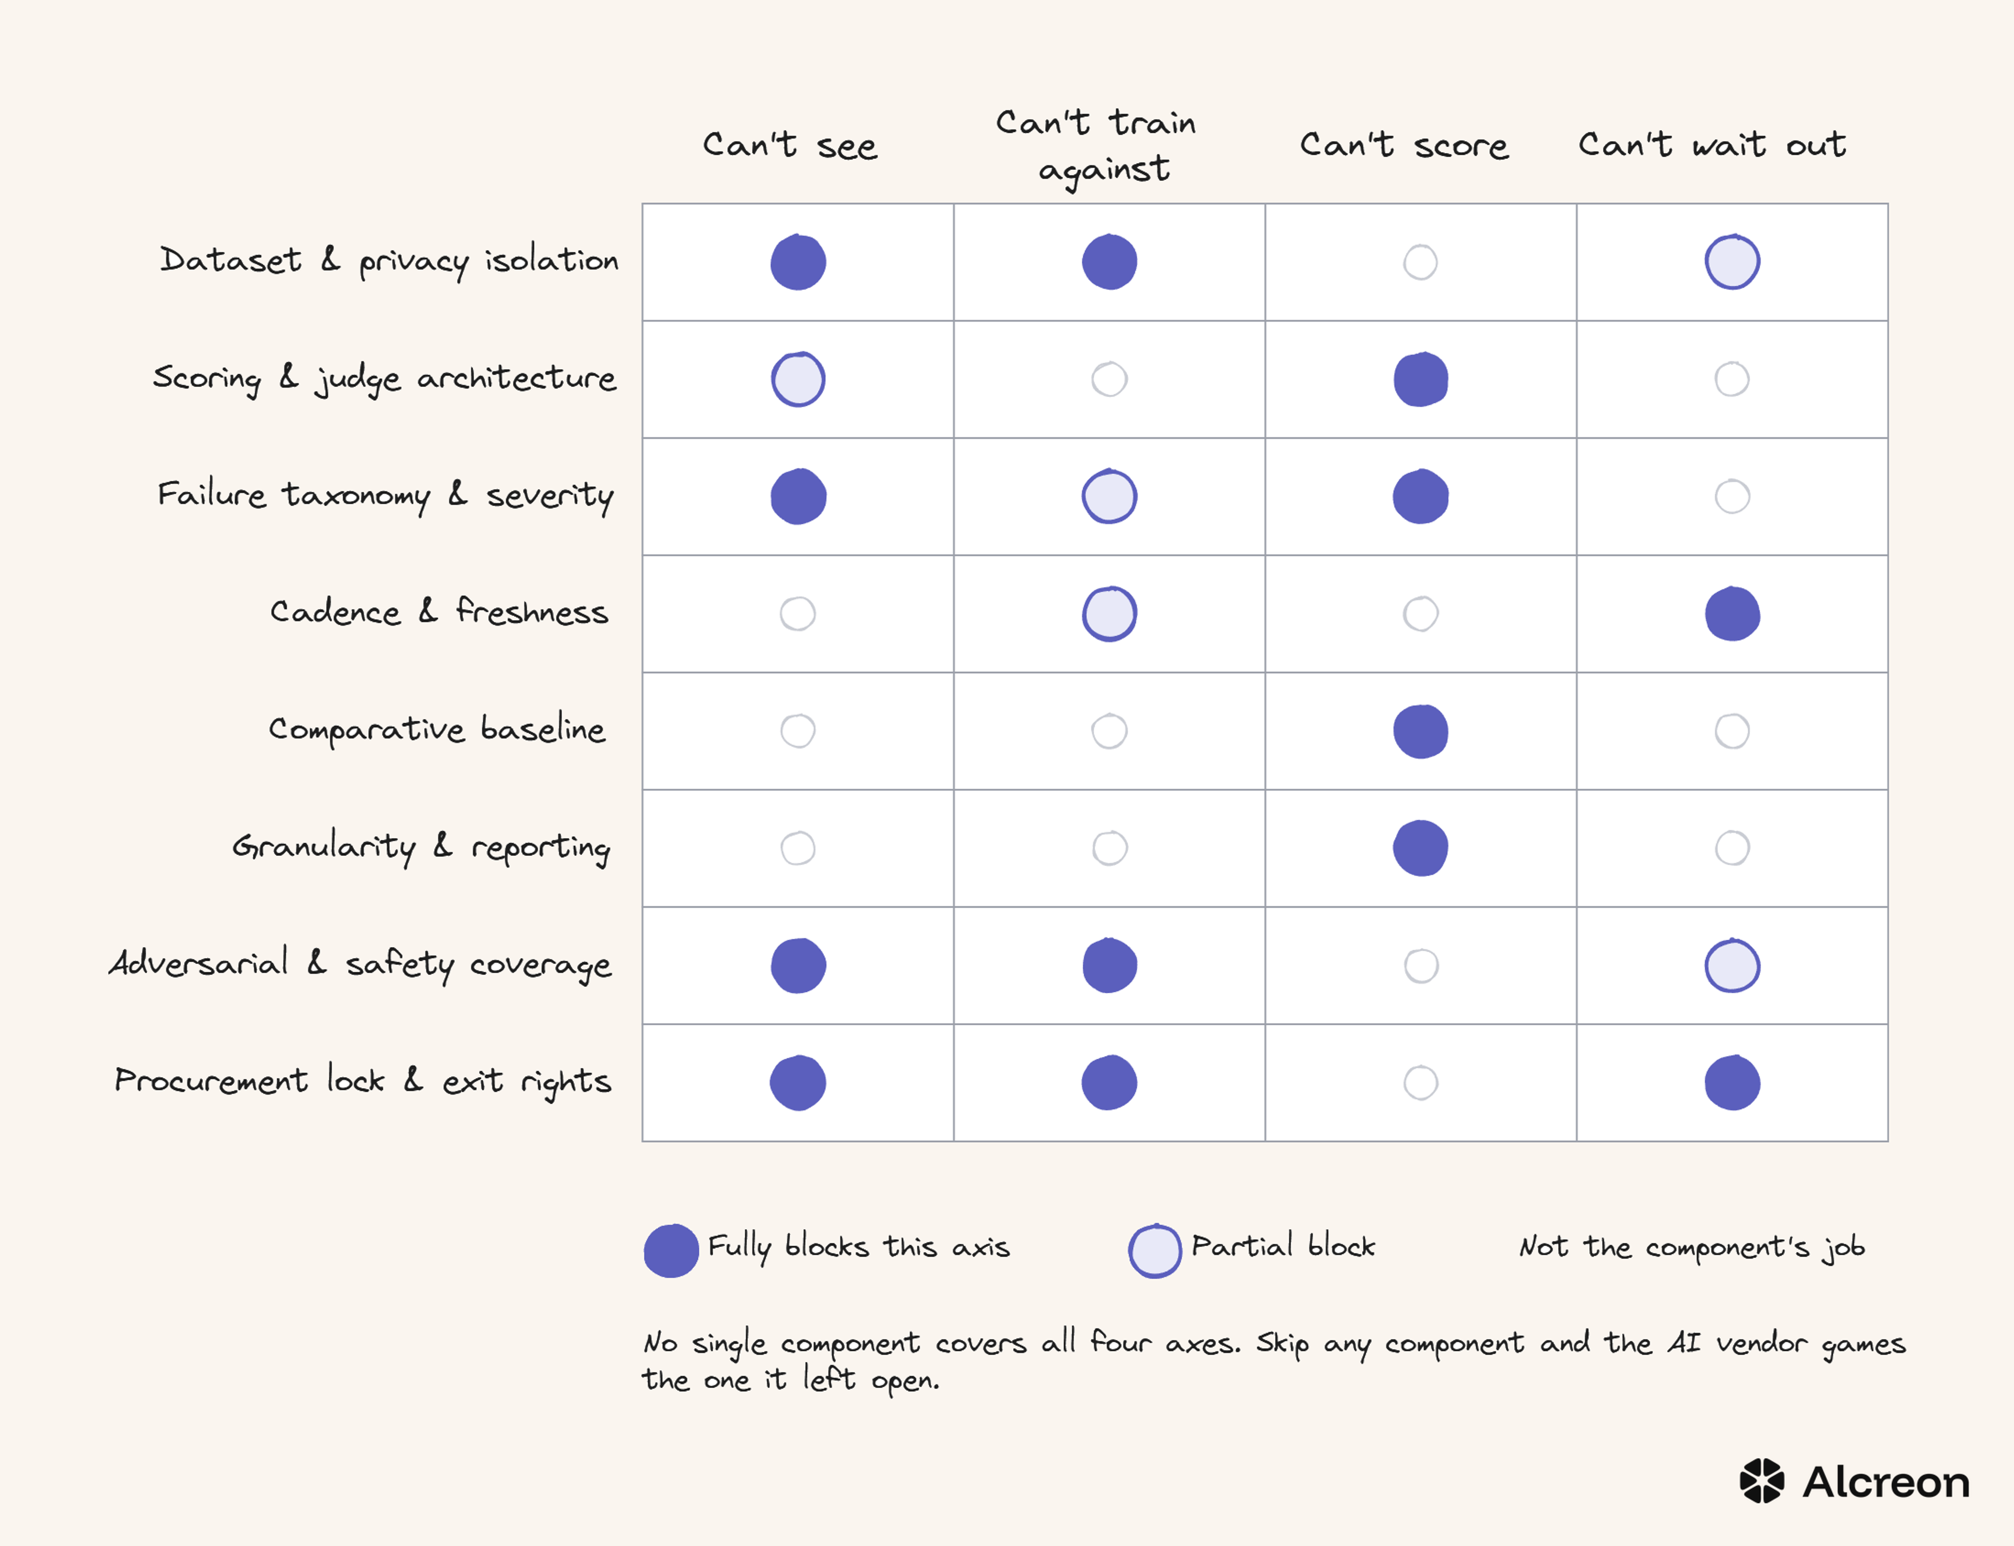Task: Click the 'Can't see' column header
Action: click(790, 144)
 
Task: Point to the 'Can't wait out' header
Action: click(1712, 144)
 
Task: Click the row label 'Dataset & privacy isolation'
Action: click(389, 261)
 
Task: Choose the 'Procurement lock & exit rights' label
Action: click(362, 1080)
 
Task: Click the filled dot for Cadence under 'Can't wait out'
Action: click(1732, 614)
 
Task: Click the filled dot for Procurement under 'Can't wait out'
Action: click(1732, 1083)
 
